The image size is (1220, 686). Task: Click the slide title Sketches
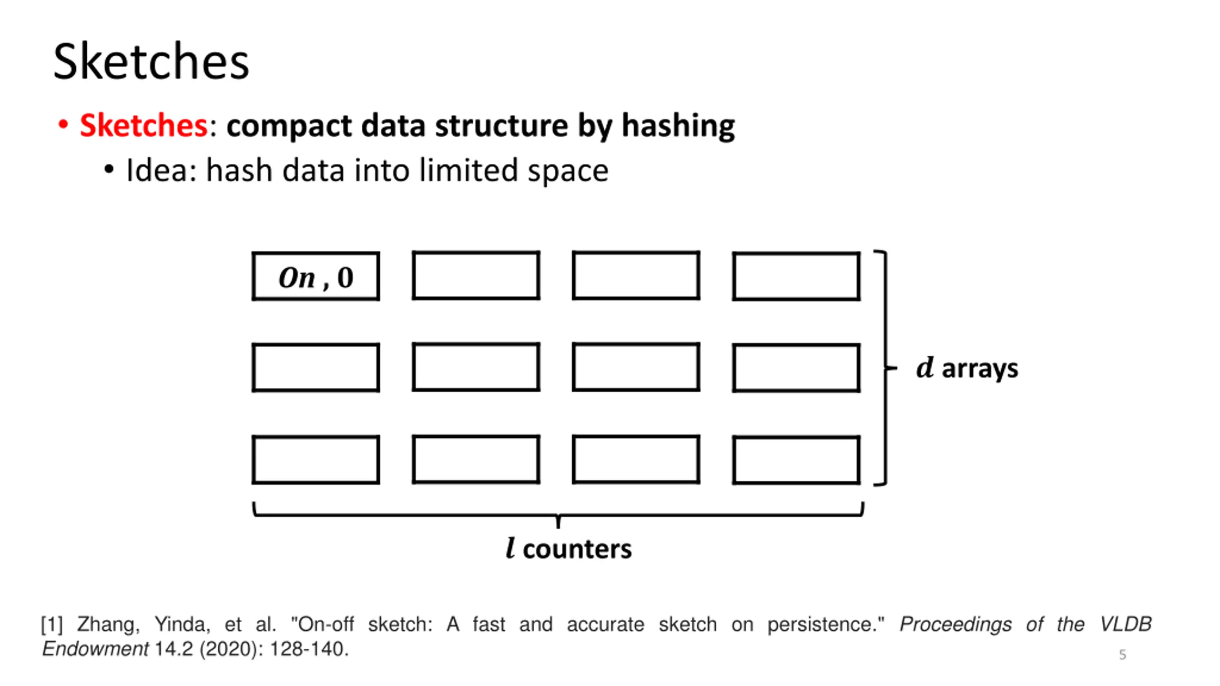click(151, 61)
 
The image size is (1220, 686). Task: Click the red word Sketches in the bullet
click(143, 125)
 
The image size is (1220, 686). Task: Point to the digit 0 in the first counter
click(346, 278)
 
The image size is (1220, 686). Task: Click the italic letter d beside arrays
click(925, 367)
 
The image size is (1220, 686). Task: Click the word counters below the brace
click(577, 549)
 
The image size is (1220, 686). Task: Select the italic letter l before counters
click(510, 548)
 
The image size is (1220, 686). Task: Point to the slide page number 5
click(1123, 655)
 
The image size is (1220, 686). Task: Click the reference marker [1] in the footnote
click(52, 625)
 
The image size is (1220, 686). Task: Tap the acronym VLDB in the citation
click(1126, 624)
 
